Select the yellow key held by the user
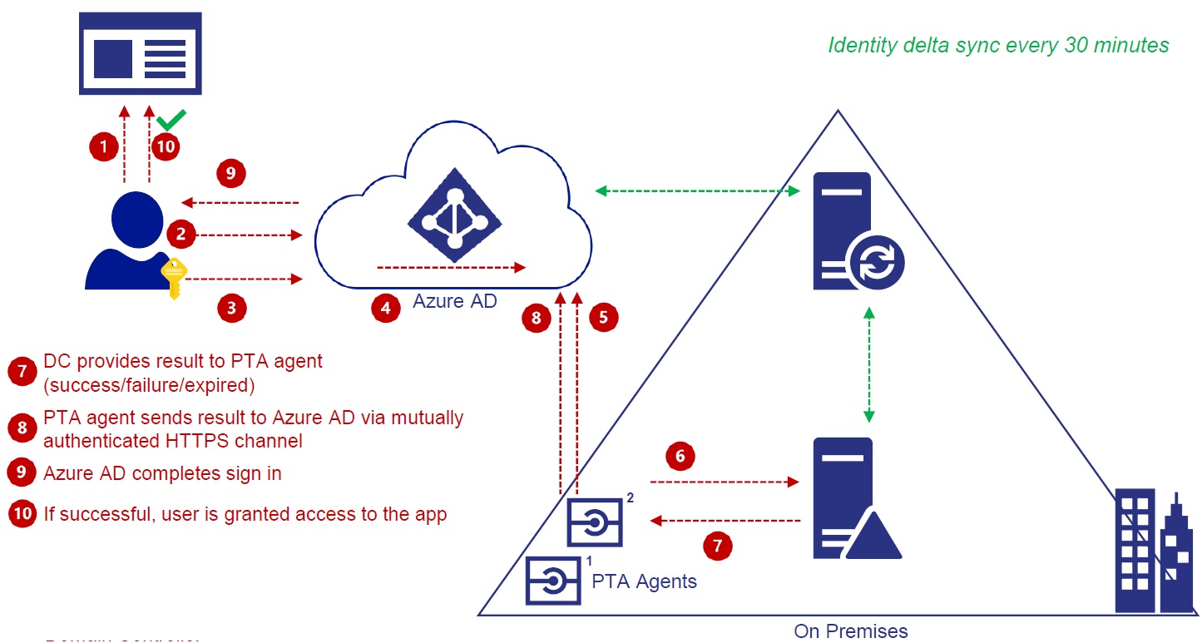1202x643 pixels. (x=174, y=278)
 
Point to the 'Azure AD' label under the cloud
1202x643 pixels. (x=454, y=301)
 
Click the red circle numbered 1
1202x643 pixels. (x=103, y=147)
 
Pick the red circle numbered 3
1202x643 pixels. (x=232, y=308)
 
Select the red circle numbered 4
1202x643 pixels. (x=385, y=308)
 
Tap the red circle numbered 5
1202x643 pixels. (x=604, y=317)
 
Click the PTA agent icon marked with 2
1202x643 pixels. (x=594, y=522)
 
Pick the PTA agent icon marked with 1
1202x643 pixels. (x=552, y=580)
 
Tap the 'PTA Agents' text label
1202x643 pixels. (x=644, y=581)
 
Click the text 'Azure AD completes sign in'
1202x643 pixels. (x=162, y=473)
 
